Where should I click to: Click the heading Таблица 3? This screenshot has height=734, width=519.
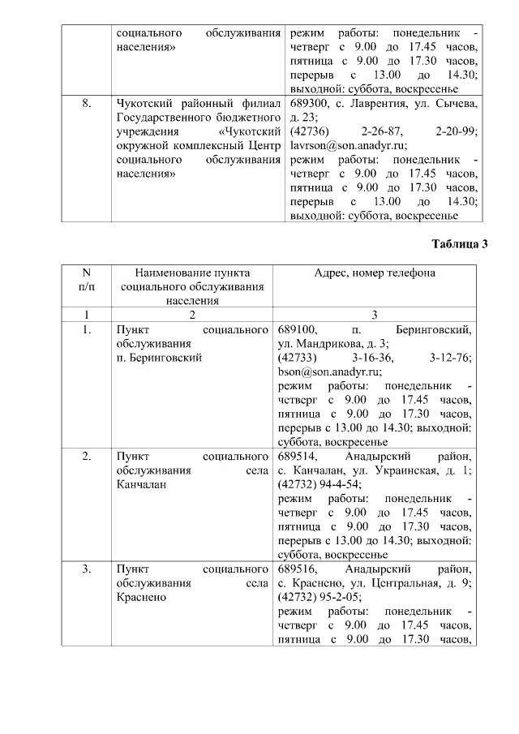pyautogui.click(x=459, y=244)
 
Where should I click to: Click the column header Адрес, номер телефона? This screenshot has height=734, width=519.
pyautogui.click(x=374, y=273)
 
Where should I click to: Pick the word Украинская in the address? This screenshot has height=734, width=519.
pyautogui.click(x=394, y=470)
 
